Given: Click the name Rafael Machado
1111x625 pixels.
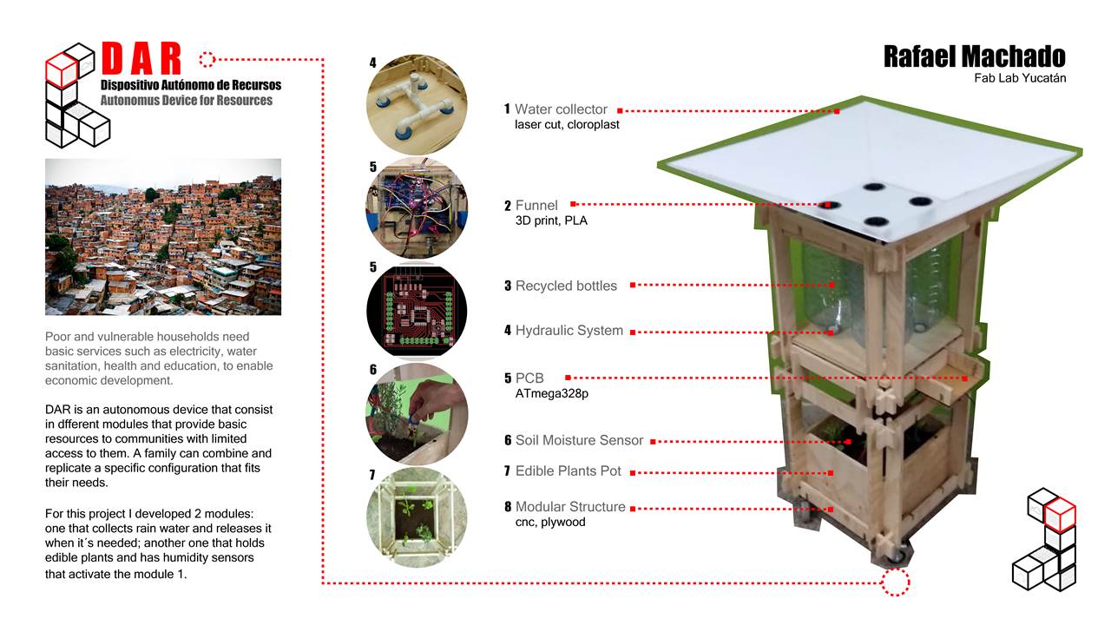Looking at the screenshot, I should pyautogui.click(x=974, y=56).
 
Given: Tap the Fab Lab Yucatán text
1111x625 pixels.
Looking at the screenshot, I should pyautogui.click(x=1020, y=78).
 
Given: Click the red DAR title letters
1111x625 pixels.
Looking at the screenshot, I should pyautogui.click(x=141, y=59).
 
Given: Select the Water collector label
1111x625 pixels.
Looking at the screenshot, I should pyautogui.click(x=561, y=109).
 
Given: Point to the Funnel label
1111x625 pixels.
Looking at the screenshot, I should pyautogui.click(x=536, y=206).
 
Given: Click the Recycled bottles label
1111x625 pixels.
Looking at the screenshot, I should pyautogui.click(x=566, y=286).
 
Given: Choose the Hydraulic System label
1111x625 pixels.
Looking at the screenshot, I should pyautogui.click(x=569, y=331).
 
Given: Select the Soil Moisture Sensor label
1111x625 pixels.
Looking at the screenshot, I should pyautogui.click(x=579, y=440).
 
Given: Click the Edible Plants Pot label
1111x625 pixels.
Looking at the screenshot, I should pyautogui.click(x=569, y=471).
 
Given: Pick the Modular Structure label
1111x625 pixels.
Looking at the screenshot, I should pyautogui.click(x=569, y=507).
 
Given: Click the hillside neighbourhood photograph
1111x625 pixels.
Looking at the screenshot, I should pyautogui.click(x=163, y=237).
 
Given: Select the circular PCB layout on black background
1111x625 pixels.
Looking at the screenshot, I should pyautogui.click(x=417, y=311).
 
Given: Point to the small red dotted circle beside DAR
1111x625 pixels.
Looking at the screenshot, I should pyautogui.click(x=207, y=59).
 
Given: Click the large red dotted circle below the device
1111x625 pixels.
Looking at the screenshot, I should pyautogui.click(x=896, y=582).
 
